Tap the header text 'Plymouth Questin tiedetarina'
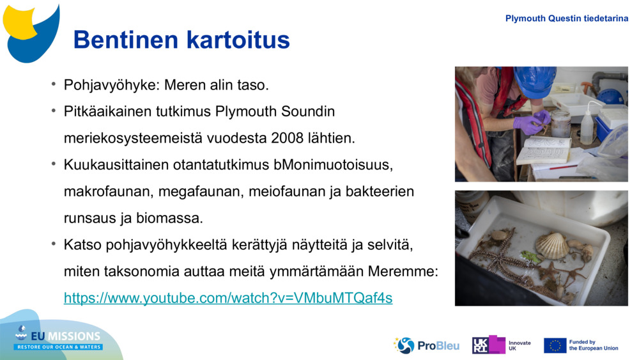(x=567, y=19)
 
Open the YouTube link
(x=228, y=298)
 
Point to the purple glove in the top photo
(x=535, y=121)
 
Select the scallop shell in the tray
(x=551, y=246)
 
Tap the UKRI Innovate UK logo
(x=502, y=345)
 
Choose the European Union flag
(x=555, y=345)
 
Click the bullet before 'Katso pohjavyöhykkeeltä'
(x=54, y=244)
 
